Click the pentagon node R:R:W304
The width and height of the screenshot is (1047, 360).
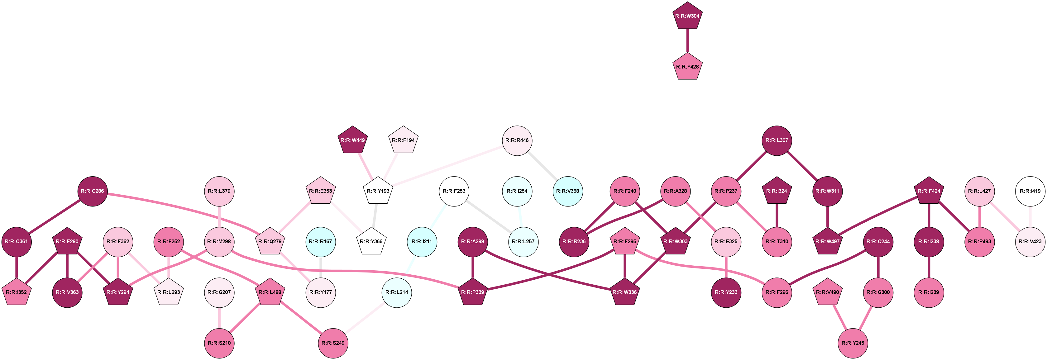click(687, 16)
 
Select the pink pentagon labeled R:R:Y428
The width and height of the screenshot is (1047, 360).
click(687, 67)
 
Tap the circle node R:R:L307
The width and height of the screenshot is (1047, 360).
click(777, 140)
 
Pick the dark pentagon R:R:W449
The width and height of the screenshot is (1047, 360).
click(353, 140)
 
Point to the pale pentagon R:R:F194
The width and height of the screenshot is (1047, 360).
click(403, 140)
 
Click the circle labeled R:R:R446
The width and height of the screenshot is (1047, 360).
click(517, 140)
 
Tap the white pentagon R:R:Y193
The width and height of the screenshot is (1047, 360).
click(378, 192)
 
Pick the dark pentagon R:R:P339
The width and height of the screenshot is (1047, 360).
click(473, 292)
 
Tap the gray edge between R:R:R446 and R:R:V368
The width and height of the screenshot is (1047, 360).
click(542, 166)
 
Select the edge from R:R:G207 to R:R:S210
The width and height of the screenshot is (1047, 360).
click(219, 318)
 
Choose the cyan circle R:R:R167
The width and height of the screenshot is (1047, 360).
click(321, 242)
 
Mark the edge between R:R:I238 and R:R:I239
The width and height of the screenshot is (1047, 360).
click(929, 267)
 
